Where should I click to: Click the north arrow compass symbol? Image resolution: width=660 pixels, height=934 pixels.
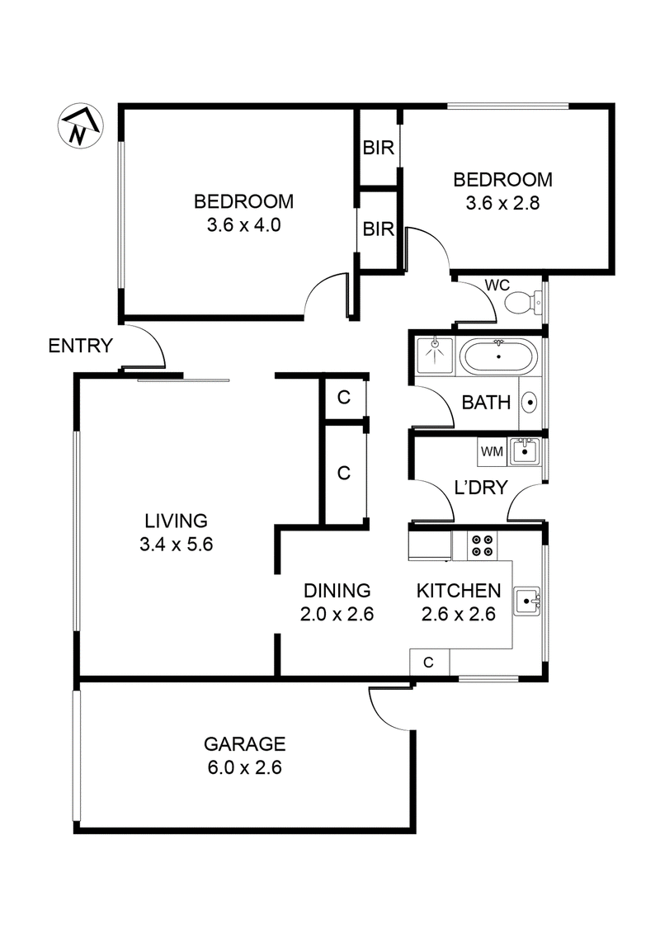click(78, 127)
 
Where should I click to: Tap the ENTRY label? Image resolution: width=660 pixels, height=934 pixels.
click(80, 346)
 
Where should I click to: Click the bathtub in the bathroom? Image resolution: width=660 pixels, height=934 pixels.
click(498, 357)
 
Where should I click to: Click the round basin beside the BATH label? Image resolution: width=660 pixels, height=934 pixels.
click(530, 403)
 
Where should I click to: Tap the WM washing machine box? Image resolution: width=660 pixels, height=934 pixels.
click(492, 451)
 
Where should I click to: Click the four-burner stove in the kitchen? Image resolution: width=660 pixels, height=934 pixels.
click(482, 545)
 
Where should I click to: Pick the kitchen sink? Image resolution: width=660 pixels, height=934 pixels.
click(526, 602)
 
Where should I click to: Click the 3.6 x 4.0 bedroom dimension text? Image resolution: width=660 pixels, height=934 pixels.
click(243, 225)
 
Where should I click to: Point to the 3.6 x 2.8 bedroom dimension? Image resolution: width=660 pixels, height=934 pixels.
click(503, 203)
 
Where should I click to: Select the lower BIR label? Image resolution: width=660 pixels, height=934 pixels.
click(379, 229)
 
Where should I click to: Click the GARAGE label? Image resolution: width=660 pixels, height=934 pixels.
click(244, 743)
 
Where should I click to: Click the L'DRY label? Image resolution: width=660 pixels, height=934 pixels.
click(481, 488)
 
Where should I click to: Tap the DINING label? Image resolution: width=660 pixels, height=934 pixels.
click(337, 591)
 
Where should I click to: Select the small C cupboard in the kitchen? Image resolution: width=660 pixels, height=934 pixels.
click(429, 662)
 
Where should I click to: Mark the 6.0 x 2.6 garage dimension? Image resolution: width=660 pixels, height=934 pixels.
click(244, 767)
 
